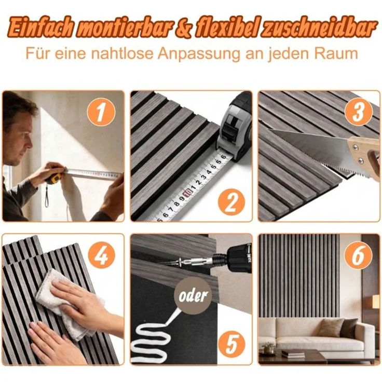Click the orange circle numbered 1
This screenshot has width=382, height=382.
point(101,112)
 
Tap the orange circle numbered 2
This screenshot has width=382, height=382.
point(231,203)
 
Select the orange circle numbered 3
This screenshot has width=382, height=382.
point(359,112)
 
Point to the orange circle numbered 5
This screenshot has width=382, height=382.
point(231,345)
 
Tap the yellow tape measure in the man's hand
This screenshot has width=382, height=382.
point(53,179)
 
